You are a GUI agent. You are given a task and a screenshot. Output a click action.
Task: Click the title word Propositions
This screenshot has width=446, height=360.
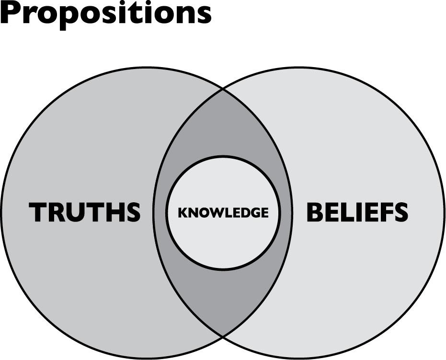pos(105,13)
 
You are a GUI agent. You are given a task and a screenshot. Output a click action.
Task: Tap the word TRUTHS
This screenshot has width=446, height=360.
pos(85,212)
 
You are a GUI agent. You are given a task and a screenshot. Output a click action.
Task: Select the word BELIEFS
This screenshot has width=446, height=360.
pos(357,212)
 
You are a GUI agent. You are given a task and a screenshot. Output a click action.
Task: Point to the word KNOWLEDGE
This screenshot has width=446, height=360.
pos(223,212)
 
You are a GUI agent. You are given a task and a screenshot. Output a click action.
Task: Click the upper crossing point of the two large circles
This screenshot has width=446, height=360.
pos(223,90)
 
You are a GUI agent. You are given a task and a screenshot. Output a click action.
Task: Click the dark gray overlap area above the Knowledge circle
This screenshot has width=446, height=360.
pos(223,125)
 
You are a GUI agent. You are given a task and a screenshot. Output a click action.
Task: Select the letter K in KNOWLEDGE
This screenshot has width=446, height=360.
pos(182,212)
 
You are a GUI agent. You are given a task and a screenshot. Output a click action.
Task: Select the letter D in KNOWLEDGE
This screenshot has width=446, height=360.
pos(243,212)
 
